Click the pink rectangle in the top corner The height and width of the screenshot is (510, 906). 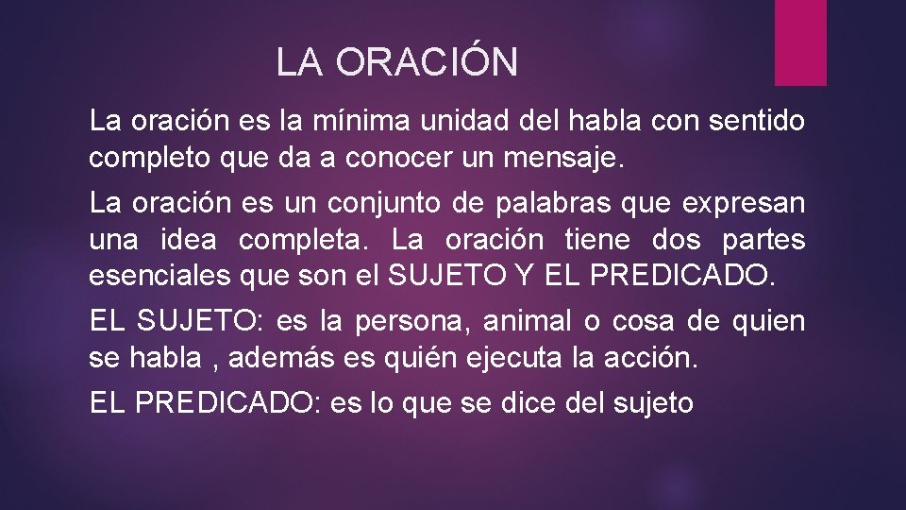(800, 42)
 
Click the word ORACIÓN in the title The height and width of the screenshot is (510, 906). (426, 63)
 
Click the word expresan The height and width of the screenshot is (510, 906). (750, 203)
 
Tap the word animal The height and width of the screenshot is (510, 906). (528, 322)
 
